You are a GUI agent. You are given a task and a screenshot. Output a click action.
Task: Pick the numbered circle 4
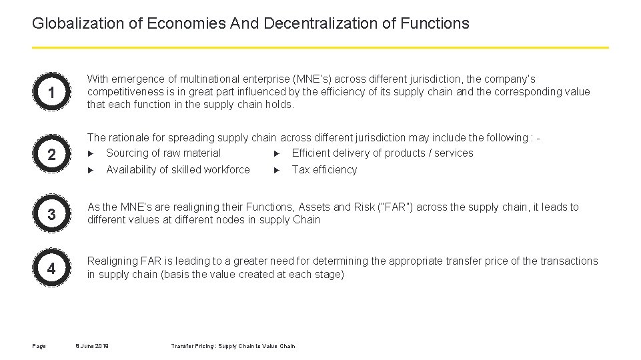(x=51, y=269)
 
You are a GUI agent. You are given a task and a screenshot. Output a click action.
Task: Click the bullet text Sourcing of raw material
(x=163, y=153)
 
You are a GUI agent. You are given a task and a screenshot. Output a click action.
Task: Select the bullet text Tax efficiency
(x=324, y=170)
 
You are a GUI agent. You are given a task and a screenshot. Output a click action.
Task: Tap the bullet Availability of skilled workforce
(x=178, y=170)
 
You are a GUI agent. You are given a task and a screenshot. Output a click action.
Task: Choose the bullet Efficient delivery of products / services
(x=382, y=153)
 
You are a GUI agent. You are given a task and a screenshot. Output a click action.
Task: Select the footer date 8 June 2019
(x=92, y=346)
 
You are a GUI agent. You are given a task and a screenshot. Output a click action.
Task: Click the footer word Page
(x=38, y=346)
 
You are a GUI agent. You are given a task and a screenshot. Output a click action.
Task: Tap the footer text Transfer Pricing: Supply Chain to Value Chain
(x=233, y=346)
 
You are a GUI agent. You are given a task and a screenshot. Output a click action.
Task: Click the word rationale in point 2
(x=131, y=138)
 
